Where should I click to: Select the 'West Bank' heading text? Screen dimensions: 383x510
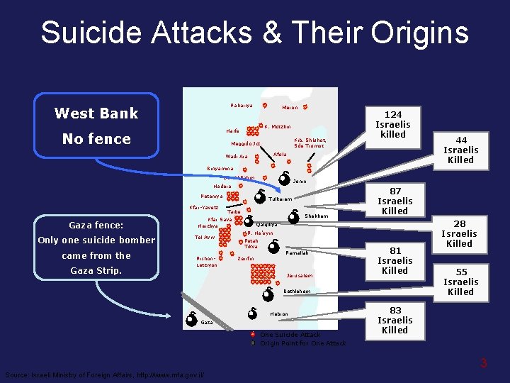tap(96, 113)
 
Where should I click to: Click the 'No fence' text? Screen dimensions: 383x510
tap(96, 139)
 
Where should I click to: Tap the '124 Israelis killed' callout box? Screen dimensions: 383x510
tap(393, 124)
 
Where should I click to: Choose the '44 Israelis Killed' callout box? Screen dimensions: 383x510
tap(460, 150)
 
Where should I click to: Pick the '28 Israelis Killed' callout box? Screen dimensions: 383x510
tap(459, 233)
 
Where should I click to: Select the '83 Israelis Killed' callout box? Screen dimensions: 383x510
tap(395, 320)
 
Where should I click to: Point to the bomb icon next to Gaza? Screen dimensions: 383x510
tap(191, 320)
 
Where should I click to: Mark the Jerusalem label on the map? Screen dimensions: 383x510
tap(299, 275)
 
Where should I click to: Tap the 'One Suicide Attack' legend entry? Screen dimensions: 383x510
tap(290, 334)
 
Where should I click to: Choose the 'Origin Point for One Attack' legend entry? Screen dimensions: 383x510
tap(302, 343)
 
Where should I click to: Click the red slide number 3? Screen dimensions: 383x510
tap(484, 363)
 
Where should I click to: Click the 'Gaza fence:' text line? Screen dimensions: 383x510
tap(96, 226)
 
